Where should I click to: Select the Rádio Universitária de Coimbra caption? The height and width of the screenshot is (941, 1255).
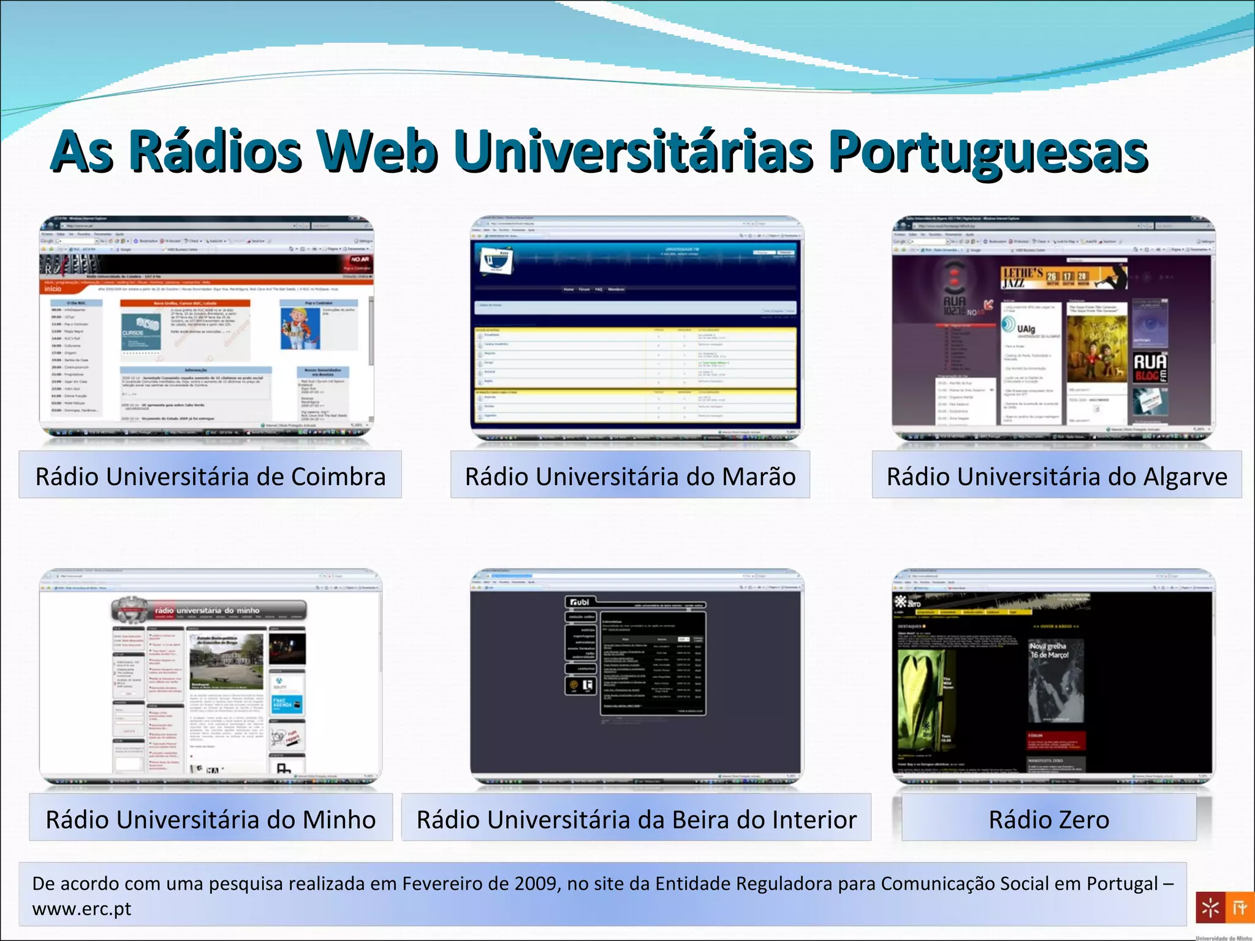click(x=210, y=477)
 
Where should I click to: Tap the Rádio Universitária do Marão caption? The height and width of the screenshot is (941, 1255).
click(x=630, y=477)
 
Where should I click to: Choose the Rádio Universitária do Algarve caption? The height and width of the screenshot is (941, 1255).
click(x=1056, y=477)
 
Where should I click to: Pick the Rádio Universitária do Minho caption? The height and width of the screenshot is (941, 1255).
click(x=210, y=820)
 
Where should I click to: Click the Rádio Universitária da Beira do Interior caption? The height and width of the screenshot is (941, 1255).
click(x=636, y=820)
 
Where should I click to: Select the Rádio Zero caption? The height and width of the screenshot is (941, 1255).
click(x=1048, y=820)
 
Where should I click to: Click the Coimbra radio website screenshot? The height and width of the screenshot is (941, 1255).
click(x=207, y=328)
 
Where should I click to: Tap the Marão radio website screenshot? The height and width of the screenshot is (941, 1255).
click(x=636, y=328)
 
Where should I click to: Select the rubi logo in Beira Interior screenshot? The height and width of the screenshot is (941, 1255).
click(x=579, y=602)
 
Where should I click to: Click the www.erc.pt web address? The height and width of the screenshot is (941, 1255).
click(x=82, y=909)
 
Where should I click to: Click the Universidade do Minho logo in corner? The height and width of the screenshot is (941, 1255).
click(x=1224, y=908)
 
